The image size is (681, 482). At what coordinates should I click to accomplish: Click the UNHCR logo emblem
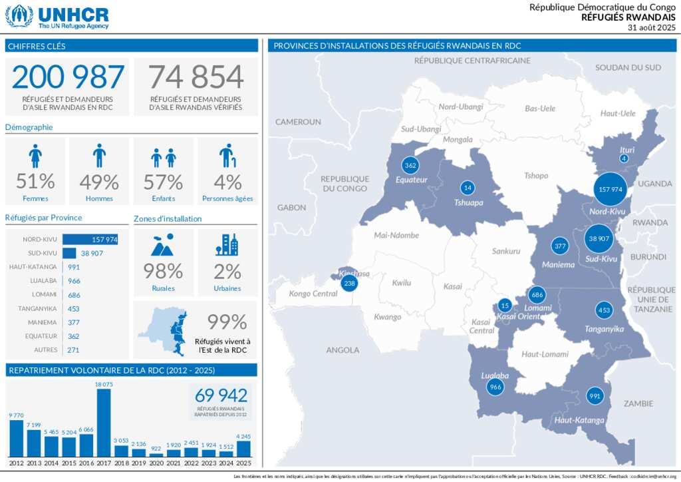tap(19, 15)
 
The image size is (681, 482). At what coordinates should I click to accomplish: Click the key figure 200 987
tap(68, 77)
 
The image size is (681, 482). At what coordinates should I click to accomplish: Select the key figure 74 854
tap(196, 77)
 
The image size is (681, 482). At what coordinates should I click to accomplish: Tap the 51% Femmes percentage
tap(35, 182)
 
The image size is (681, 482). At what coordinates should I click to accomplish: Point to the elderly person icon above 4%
tap(227, 156)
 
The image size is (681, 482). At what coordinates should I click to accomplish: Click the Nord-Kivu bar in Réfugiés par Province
tap(90, 239)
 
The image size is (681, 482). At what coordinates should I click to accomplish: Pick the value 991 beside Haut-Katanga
tap(74, 267)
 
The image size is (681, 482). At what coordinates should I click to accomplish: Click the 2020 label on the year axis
tap(156, 463)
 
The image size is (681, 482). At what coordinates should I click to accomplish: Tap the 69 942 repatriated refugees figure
tap(221, 395)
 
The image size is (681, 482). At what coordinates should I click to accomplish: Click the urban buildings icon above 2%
tap(227, 245)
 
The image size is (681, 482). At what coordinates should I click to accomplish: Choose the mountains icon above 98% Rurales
tap(163, 245)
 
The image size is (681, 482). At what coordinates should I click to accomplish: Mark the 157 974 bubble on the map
tap(611, 189)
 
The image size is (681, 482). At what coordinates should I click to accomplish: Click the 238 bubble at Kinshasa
tap(348, 283)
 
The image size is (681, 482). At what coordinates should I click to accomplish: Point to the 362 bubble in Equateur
tap(410, 165)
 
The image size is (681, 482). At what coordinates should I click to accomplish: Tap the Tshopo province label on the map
tap(536, 176)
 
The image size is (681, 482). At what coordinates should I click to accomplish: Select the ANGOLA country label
tap(342, 350)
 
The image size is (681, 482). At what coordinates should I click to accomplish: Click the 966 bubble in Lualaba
tap(495, 387)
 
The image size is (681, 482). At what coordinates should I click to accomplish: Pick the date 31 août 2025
tap(651, 27)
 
